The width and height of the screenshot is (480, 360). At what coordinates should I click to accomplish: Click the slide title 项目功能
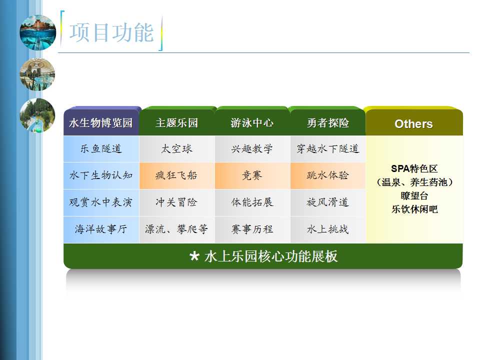[111, 32]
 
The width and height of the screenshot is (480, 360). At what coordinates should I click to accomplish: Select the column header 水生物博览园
[101, 123]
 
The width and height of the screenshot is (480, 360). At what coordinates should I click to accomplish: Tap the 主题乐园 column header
[176, 123]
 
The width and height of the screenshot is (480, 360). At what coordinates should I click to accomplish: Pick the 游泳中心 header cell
[252, 123]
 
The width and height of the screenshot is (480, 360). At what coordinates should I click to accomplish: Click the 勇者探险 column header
[328, 123]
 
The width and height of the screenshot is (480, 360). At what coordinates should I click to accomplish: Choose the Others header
[414, 123]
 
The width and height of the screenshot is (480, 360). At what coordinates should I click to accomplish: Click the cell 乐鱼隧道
[101, 149]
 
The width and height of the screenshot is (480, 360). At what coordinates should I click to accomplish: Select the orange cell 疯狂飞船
[176, 175]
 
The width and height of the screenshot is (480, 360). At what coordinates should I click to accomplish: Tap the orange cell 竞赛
[252, 175]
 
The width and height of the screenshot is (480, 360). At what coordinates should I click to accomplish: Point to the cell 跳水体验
[328, 175]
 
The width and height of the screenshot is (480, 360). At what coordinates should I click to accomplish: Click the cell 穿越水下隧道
[328, 149]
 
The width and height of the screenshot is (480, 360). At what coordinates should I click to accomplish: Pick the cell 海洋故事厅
[101, 229]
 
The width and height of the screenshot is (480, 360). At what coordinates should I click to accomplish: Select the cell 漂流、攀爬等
[176, 229]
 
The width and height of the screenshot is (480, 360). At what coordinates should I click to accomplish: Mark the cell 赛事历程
[252, 229]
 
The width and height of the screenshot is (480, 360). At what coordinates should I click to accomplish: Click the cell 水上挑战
[328, 229]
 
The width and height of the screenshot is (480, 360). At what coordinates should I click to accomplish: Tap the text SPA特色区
[414, 168]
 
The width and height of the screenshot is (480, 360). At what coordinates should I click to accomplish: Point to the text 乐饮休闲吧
[415, 209]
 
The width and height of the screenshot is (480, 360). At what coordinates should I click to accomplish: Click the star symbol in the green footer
[194, 256]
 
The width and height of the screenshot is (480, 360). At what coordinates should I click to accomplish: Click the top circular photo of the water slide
[37, 32]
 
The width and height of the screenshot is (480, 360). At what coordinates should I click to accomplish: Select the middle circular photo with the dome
[37, 74]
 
